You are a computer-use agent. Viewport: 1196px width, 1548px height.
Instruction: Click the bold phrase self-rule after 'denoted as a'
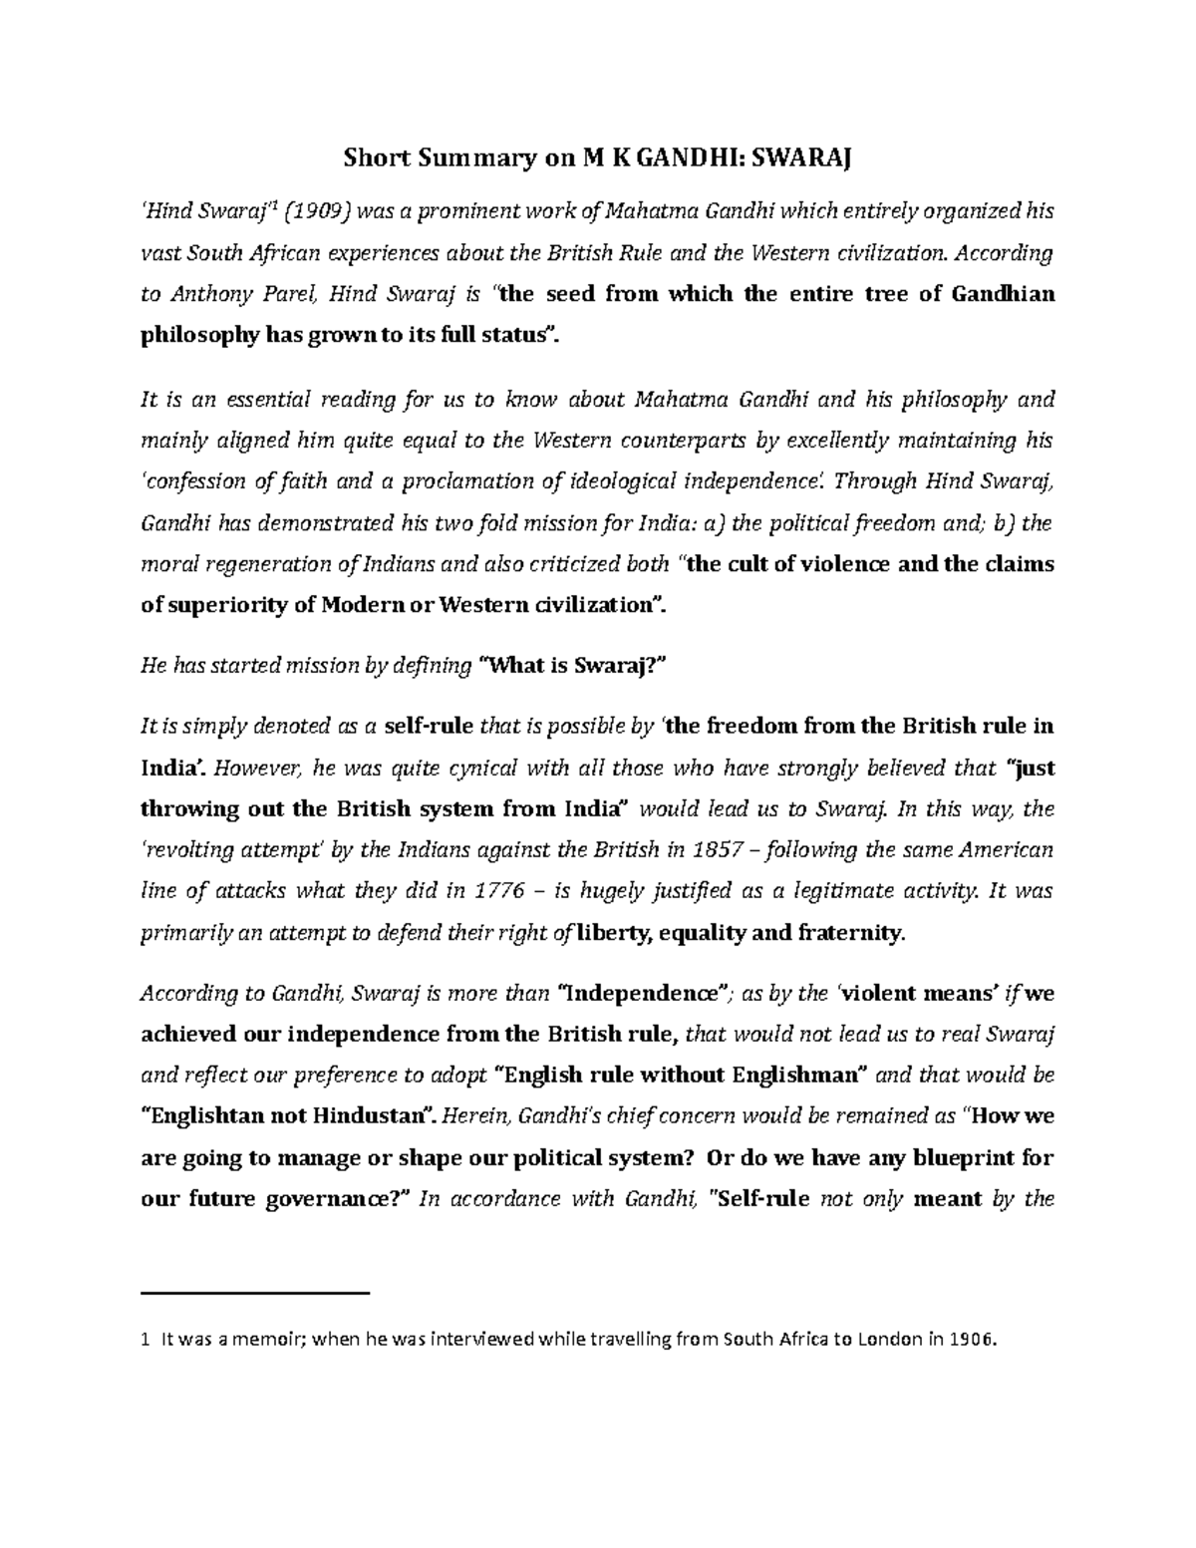tap(429, 727)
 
